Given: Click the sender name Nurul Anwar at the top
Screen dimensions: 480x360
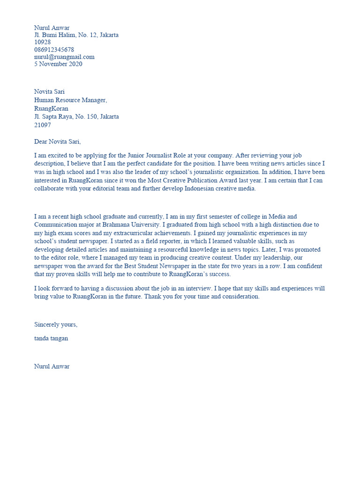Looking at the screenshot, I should tap(52, 28).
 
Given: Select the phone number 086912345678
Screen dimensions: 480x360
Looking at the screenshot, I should tap(54, 50).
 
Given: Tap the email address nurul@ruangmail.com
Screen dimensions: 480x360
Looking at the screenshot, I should tap(64, 57).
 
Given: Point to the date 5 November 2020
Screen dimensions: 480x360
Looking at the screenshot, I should tap(58, 64).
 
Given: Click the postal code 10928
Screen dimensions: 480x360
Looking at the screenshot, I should tap(43, 42).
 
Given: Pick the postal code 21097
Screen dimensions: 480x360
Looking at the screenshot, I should tap(43, 125).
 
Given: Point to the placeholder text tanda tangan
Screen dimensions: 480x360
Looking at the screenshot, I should tap(51, 338).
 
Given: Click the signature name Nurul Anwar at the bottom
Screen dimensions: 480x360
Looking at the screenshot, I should tap(52, 367).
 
